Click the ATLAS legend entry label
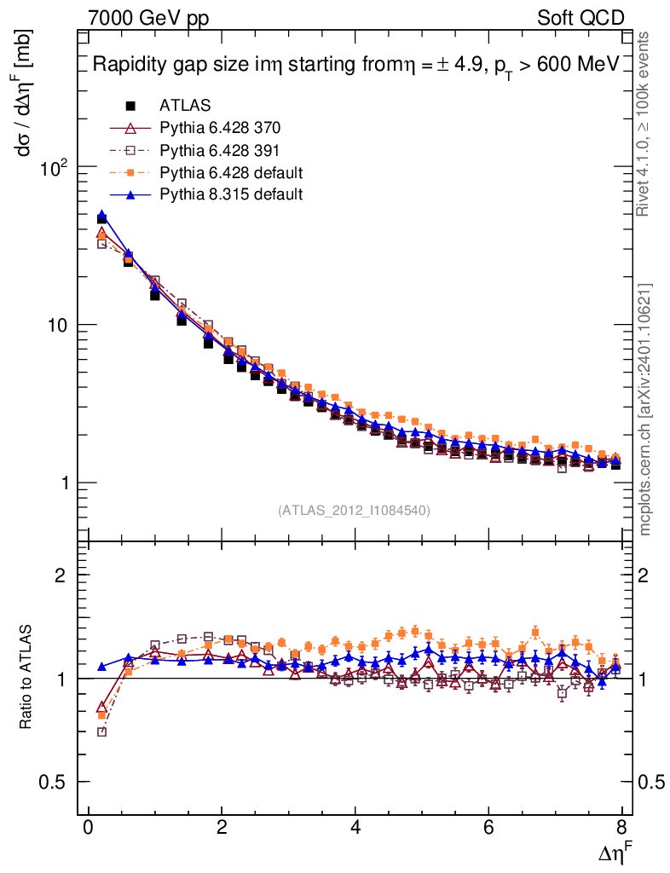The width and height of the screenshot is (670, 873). tap(185, 106)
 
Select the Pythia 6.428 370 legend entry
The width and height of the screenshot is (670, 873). tap(220, 128)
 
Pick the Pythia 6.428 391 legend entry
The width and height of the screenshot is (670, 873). tap(220, 150)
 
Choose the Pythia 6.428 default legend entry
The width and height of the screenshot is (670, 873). tap(231, 172)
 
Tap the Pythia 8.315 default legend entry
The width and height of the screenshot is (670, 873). tap(231, 194)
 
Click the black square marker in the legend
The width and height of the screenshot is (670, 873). tap(130, 106)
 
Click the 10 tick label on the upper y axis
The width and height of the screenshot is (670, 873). tap(58, 326)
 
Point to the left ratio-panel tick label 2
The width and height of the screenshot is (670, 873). tap(61, 575)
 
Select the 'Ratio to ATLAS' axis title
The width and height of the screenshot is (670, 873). tap(26, 678)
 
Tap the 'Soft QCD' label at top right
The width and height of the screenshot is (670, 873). tap(581, 18)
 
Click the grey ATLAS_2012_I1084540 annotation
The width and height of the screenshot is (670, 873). tap(354, 511)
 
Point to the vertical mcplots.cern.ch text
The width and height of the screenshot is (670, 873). tap(646, 409)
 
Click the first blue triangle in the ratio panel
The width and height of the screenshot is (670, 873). tap(102, 667)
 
